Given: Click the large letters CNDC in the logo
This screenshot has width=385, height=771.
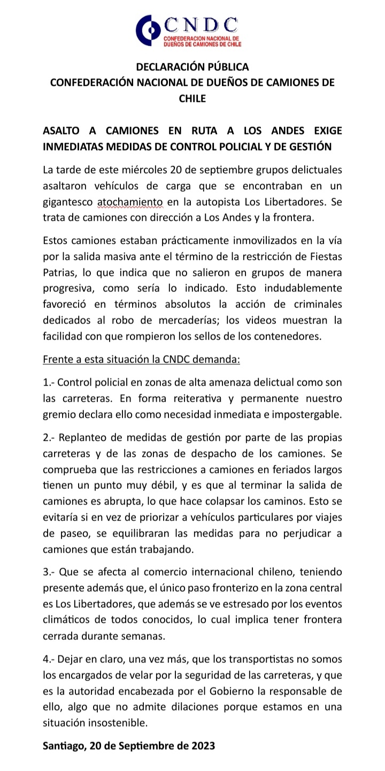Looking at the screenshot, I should pyautogui.click(x=201, y=25).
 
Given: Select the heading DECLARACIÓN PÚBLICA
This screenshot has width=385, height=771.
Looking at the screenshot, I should pyautogui.click(x=192, y=67).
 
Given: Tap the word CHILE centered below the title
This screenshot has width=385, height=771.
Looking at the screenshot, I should pyautogui.click(x=192, y=98).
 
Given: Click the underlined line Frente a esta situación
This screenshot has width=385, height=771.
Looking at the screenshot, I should pyautogui.click(x=141, y=359).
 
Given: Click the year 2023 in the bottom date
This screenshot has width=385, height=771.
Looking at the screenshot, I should pyautogui.click(x=203, y=745).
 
